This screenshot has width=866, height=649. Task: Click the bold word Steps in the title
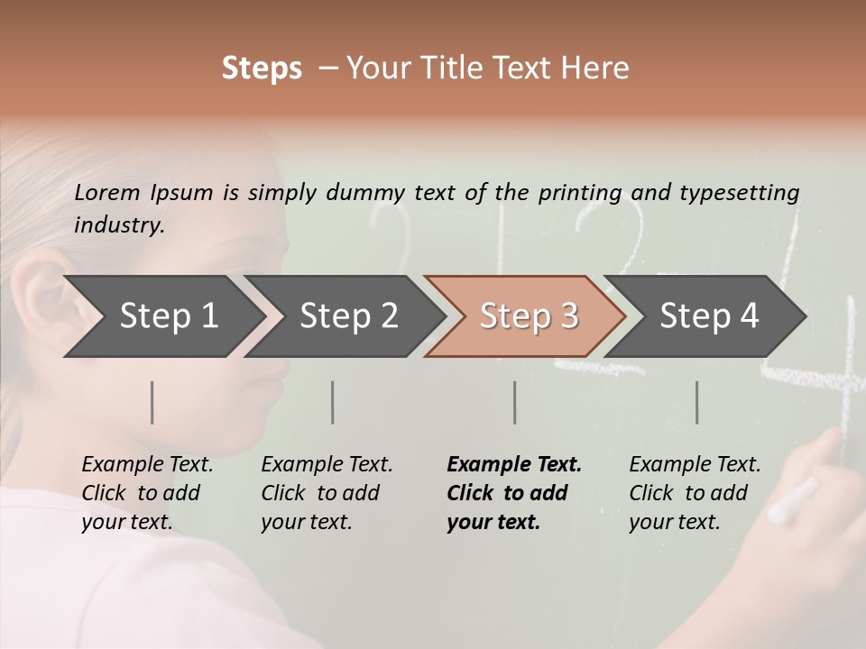(262, 69)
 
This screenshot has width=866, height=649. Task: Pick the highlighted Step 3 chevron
(529, 316)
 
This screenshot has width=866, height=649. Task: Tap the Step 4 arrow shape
(709, 316)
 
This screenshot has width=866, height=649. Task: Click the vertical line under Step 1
(152, 402)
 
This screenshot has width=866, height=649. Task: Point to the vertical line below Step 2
(333, 402)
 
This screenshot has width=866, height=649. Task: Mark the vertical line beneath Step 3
(514, 402)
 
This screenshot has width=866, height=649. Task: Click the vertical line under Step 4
(696, 402)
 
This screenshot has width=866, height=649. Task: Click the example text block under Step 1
(146, 493)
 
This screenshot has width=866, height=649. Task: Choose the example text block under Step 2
(326, 493)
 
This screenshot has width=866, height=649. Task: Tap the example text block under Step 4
(694, 493)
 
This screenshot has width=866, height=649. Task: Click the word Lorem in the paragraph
(107, 192)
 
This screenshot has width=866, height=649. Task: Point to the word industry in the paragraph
(118, 225)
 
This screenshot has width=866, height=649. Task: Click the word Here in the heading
(595, 69)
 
